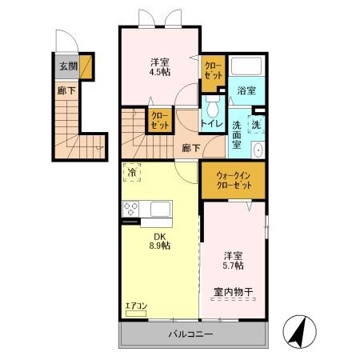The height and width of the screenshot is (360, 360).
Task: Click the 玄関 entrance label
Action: (x=67, y=66)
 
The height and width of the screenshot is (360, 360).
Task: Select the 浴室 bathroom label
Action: (x=246, y=91)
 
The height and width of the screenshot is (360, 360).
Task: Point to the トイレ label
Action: (x=213, y=124)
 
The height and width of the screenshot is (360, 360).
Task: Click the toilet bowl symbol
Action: (x=213, y=107)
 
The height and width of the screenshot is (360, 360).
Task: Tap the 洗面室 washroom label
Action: (x=241, y=130)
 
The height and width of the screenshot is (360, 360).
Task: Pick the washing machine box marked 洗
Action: (x=257, y=124)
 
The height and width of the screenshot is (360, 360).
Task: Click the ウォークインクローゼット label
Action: (x=234, y=180)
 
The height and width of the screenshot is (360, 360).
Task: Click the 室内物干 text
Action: (x=234, y=292)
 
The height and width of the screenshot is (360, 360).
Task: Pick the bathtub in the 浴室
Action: (x=246, y=67)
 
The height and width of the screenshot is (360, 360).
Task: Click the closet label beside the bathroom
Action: (x=213, y=70)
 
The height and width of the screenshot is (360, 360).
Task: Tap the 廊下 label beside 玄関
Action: (x=66, y=90)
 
